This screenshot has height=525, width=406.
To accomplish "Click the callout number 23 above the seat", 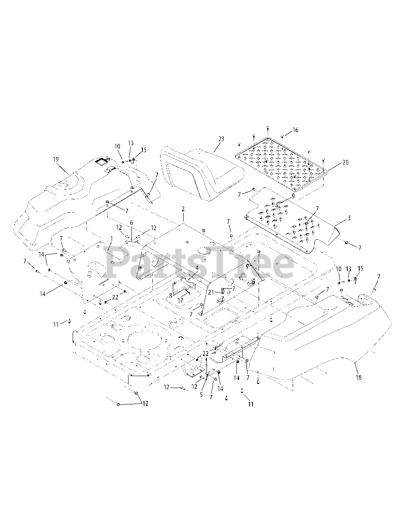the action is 221,139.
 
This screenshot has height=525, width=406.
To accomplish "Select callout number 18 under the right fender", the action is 358,377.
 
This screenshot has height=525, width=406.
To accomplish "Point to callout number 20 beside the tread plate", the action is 345,162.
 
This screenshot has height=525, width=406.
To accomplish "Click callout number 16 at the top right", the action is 295,130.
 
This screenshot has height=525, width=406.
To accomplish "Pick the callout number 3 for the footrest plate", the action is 349,218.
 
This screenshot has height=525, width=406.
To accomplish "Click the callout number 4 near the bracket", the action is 197,268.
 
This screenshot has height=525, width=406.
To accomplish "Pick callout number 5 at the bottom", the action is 202,395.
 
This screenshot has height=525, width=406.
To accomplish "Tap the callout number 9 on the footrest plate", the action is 293,196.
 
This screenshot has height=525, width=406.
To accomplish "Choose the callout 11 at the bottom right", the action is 250,404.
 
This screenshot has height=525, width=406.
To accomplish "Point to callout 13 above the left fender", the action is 131,143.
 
